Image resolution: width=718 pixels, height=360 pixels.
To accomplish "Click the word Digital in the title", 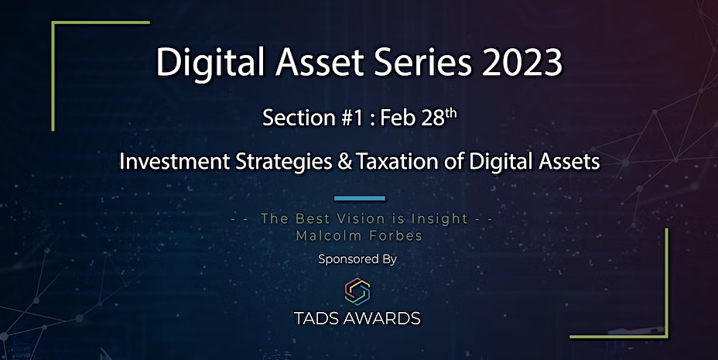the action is point(210,62).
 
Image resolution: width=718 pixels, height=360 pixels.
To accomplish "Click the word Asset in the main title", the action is point(319,62).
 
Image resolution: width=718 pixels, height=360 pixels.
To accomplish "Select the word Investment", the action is point(174,162).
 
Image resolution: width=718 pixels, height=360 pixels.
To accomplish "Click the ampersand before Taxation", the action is point(345,162).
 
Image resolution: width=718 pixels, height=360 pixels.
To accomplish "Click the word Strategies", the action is point(284,162).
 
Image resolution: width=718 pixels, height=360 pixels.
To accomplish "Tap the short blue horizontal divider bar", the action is point(360,198).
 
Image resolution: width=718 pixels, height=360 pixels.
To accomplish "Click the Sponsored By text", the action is point(357,259).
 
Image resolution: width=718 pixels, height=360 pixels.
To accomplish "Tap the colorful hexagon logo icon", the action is point(357,292).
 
